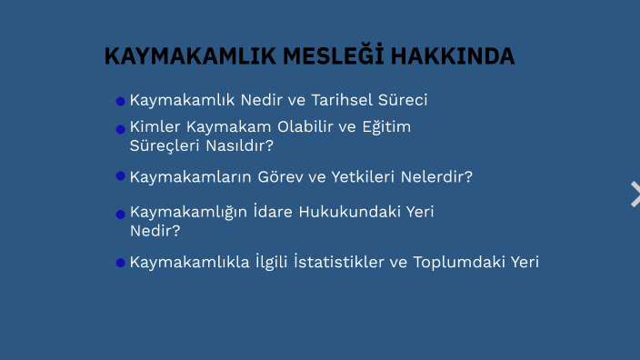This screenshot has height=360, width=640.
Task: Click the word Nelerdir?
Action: [x=443, y=177]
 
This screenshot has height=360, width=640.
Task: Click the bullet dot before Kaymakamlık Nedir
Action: [x=120, y=101]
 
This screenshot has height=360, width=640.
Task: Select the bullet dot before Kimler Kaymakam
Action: [x=120, y=128]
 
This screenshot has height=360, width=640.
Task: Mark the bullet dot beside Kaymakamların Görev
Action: [x=120, y=175]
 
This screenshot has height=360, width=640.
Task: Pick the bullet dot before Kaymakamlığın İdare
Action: [x=120, y=215]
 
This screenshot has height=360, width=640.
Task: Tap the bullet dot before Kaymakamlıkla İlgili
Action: [x=120, y=263]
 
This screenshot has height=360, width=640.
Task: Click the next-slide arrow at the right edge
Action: [x=635, y=194]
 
